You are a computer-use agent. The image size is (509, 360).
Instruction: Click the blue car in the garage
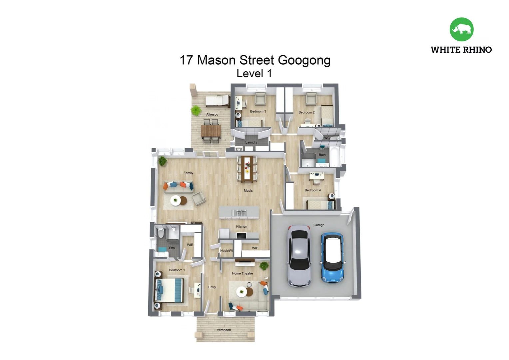[x=332, y=258]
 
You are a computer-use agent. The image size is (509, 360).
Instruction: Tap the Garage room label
[x=319, y=225]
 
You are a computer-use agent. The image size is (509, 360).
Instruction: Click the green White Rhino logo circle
[x=461, y=29]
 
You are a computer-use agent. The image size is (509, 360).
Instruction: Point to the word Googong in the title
[x=304, y=60]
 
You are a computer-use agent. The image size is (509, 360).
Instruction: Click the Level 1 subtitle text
[x=254, y=74]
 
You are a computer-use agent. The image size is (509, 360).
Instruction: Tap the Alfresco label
[x=212, y=114]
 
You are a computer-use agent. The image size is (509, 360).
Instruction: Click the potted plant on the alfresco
[x=196, y=110]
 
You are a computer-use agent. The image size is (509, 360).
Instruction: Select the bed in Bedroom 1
[x=170, y=290]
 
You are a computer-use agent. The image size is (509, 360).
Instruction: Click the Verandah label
[x=224, y=330]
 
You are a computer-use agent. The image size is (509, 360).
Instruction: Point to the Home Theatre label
[x=243, y=273]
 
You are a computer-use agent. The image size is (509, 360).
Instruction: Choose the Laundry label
[x=251, y=142]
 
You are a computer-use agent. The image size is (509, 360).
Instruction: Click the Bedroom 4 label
[x=313, y=190]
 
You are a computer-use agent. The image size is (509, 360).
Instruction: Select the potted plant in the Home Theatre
[x=264, y=266]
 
